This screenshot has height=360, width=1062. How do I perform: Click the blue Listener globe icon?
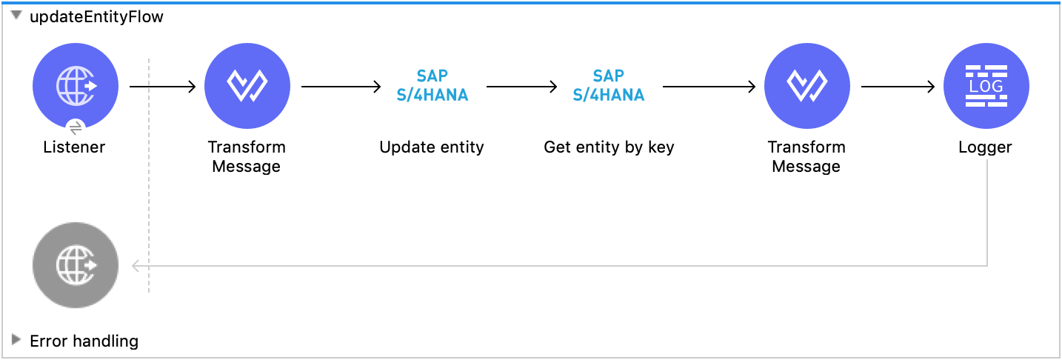coord(75,86)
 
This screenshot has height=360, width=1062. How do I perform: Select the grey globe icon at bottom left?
coord(75,265)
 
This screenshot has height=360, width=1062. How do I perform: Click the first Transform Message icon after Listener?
coord(247,86)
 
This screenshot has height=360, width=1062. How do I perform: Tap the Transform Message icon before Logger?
coord(806,86)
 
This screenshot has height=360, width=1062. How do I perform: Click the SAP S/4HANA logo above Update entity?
coord(432,86)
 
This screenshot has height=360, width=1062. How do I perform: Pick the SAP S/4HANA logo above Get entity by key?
coord(608,86)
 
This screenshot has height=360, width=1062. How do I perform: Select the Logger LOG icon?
coord(986,86)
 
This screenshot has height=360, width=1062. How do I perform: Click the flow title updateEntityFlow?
coord(96,17)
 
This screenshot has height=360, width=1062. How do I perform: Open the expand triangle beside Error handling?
coord(16,340)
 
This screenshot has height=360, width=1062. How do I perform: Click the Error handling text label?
coord(84,341)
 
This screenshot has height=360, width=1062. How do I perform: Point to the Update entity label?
coord(432,147)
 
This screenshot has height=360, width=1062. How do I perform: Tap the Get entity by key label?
coord(609,147)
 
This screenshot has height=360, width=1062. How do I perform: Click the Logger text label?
coord(985,147)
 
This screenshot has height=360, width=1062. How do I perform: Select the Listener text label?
coord(74,147)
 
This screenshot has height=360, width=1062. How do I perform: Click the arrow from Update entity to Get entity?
coord(521,87)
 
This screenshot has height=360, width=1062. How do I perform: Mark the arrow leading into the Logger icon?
coord(898,87)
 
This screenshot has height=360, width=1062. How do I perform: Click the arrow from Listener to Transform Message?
coord(162,87)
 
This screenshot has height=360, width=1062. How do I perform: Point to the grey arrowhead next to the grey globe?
coord(136,266)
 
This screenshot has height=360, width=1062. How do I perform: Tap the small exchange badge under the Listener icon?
coord(75,126)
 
